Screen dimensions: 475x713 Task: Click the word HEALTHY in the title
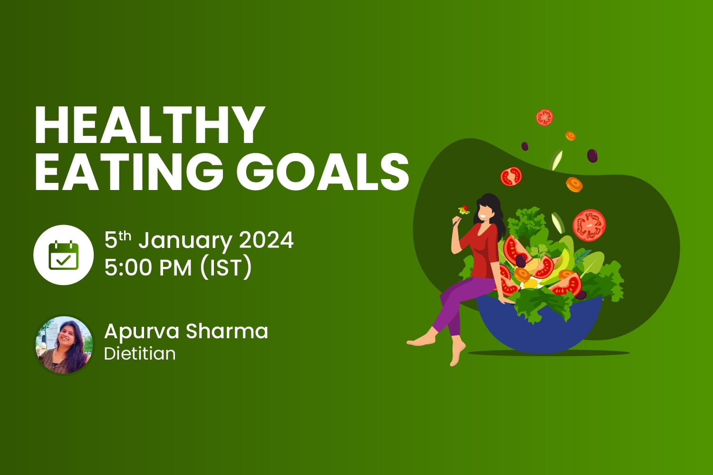(149, 124)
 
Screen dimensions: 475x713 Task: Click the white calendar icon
(63, 255)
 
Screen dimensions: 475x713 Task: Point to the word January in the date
(185, 241)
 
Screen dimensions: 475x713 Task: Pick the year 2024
(266, 240)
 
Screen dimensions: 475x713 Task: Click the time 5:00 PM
(148, 267)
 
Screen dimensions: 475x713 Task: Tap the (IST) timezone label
(225, 268)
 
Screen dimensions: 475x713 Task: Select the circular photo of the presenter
(64, 345)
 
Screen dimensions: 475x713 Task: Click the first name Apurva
(141, 332)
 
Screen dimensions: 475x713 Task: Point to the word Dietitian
(140, 354)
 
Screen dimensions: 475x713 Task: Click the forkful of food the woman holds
(463, 209)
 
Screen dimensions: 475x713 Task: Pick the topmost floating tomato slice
(544, 117)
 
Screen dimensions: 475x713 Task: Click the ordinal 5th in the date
(117, 240)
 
